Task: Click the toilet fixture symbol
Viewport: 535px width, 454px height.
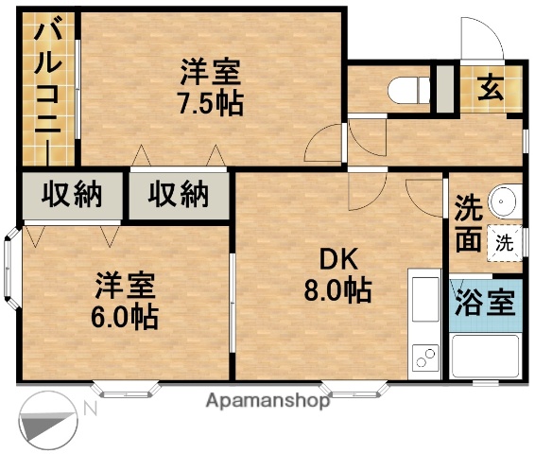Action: point(406,90)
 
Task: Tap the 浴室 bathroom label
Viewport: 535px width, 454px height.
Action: point(486,304)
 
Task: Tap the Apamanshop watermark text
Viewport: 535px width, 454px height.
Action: point(267,401)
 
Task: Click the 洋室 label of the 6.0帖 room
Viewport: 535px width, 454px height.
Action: point(124,285)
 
